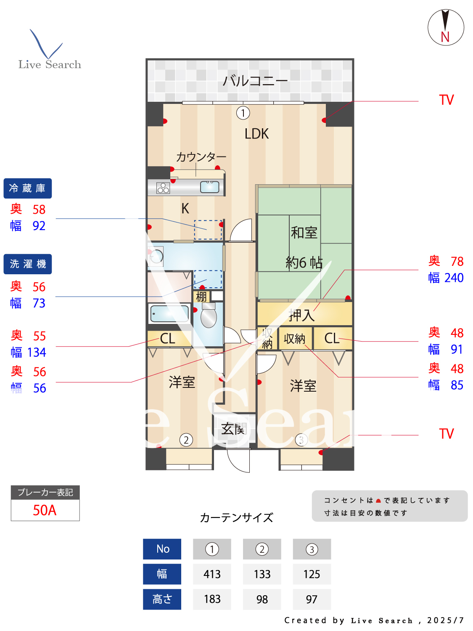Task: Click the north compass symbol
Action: (x=446, y=27)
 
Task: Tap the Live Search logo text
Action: (x=50, y=64)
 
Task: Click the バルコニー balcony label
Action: (x=255, y=80)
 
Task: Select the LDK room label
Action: (x=256, y=134)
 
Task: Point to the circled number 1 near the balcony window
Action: (x=243, y=113)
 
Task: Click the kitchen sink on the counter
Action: (x=209, y=187)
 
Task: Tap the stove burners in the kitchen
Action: (x=163, y=188)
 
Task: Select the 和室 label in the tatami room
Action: (x=304, y=232)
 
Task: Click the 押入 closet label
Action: (x=301, y=315)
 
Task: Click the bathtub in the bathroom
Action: (x=169, y=313)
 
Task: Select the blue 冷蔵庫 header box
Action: (x=28, y=188)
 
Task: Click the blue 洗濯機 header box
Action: (x=28, y=264)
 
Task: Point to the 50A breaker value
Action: (x=45, y=510)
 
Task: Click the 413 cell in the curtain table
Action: (x=212, y=574)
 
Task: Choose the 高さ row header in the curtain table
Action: (x=162, y=599)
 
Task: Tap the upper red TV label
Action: (x=447, y=100)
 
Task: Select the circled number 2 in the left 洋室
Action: (x=186, y=440)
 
